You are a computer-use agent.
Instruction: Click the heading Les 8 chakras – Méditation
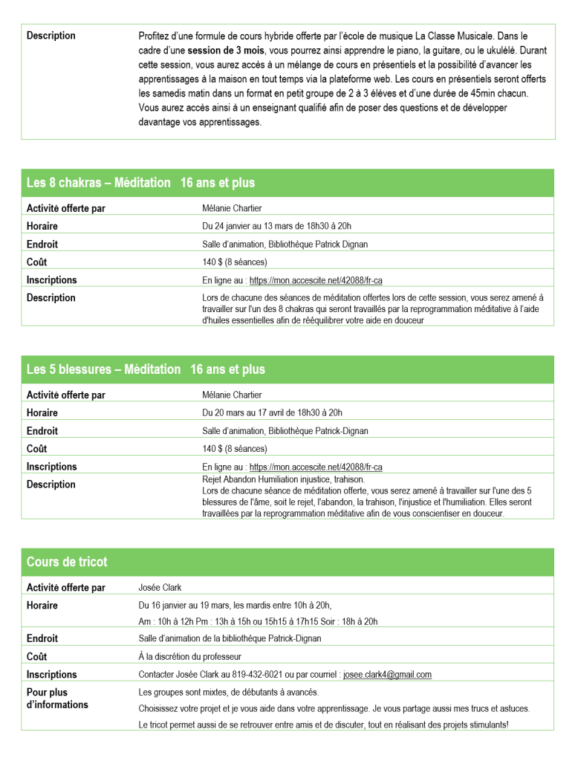pos(99,183)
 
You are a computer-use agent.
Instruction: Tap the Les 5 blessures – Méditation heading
pos(103,369)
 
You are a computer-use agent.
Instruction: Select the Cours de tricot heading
pos(67,562)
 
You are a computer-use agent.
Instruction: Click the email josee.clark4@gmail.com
pos(387,675)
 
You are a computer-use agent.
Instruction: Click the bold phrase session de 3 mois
pos(226,50)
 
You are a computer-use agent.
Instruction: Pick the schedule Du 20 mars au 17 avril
pos(272,412)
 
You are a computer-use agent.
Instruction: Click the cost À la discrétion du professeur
pos(189,657)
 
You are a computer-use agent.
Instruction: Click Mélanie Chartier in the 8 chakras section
pos(232,208)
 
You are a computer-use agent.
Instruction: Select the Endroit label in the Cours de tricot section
pos(42,638)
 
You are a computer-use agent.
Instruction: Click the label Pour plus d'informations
pos(57,699)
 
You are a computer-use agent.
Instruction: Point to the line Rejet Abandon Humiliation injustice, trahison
pos(283,480)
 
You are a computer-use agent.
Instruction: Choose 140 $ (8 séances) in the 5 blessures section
pos(234,449)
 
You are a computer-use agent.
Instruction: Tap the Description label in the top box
pos(51,36)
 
